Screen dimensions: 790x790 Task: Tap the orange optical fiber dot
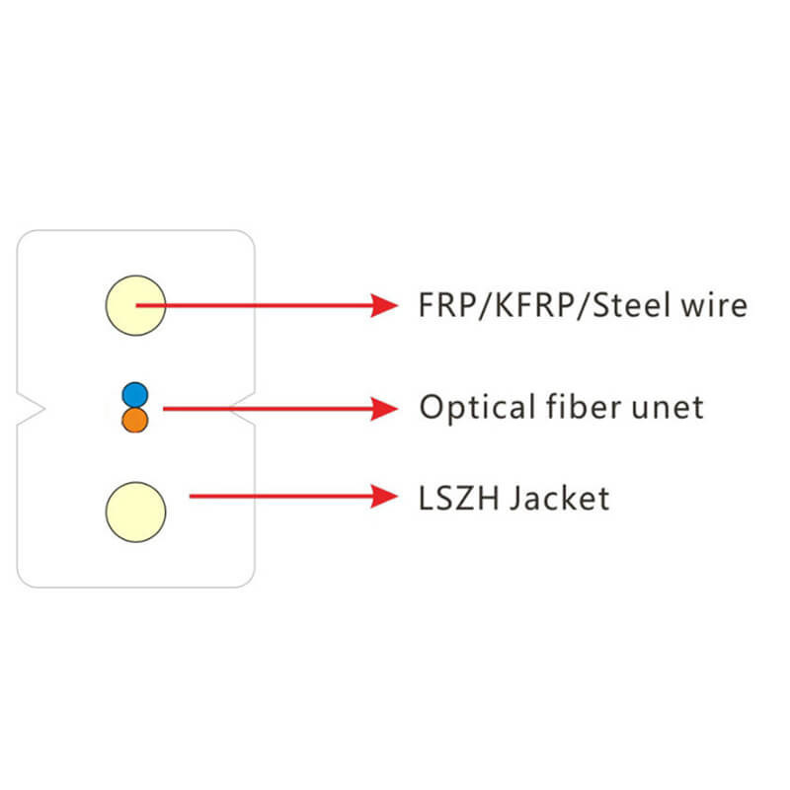point(135,421)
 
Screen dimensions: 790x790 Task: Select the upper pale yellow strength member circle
point(135,305)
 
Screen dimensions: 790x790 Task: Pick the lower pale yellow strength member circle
point(135,511)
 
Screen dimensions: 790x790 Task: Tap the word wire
point(717,305)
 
